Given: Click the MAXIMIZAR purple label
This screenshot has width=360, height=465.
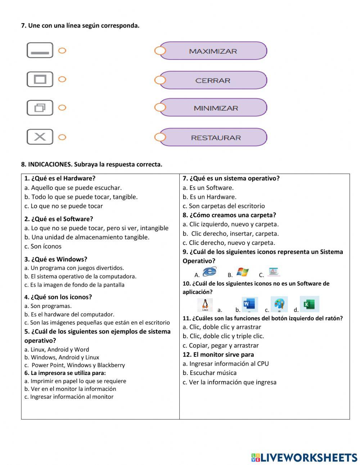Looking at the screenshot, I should coord(213,51).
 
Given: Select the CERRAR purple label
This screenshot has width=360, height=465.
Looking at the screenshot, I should coord(213,80).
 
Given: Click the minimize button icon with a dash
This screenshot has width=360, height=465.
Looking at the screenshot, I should coord(40,50).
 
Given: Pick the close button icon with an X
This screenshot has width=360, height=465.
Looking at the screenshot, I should coord(40,137).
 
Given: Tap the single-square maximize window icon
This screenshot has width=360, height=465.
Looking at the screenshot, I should coord(40,79).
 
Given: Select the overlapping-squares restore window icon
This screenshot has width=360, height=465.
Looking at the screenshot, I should coord(40,108).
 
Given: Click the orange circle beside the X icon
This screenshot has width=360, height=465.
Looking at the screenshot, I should coord(62,137).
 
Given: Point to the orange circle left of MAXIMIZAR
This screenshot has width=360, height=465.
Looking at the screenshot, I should coord(160,51).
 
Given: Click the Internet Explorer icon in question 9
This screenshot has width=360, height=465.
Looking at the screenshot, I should coord(210,272).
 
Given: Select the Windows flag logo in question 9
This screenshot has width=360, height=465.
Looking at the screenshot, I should coord(243,272).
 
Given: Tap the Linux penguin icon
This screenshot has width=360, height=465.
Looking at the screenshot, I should coord(205,305).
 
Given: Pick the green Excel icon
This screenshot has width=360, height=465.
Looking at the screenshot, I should coord(309,304).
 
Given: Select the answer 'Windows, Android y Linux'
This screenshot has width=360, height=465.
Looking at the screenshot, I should coord(62,357).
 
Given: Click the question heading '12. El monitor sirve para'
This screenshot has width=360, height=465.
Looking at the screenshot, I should coord(218,355).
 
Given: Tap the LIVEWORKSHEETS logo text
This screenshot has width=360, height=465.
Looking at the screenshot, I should coord(304,457).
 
